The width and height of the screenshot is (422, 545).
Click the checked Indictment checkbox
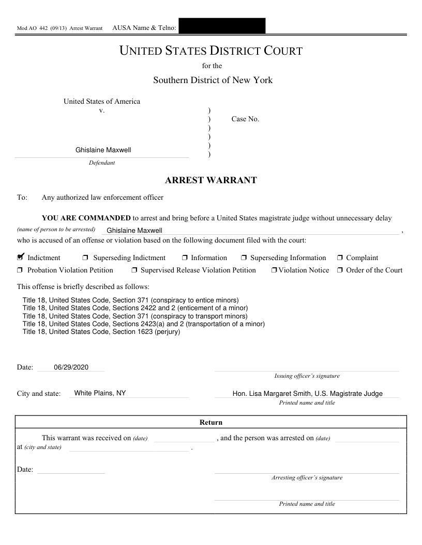coord(21,257)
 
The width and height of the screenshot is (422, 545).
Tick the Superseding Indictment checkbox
coord(85,258)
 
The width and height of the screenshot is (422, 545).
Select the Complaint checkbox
coord(340,258)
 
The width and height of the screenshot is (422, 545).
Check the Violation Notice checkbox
coord(274,270)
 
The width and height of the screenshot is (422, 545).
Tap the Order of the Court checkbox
coord(340,270)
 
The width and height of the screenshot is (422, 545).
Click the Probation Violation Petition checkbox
coord(20,270)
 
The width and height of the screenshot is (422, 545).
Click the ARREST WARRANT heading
coord(210,181)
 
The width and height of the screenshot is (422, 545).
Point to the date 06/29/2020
coord(71,367)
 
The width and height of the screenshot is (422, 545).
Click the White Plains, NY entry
coord(100,393)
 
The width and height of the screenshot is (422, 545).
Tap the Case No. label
coord(245,119)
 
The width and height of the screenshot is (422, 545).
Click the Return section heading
coord(211,423)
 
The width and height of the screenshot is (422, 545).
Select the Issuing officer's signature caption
coord(307,376)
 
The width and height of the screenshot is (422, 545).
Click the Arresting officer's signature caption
coord(307,478)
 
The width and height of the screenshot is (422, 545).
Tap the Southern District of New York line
coord(213,80)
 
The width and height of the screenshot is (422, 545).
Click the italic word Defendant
coord(102,163)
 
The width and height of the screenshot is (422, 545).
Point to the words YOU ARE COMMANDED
coord(86,218)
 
